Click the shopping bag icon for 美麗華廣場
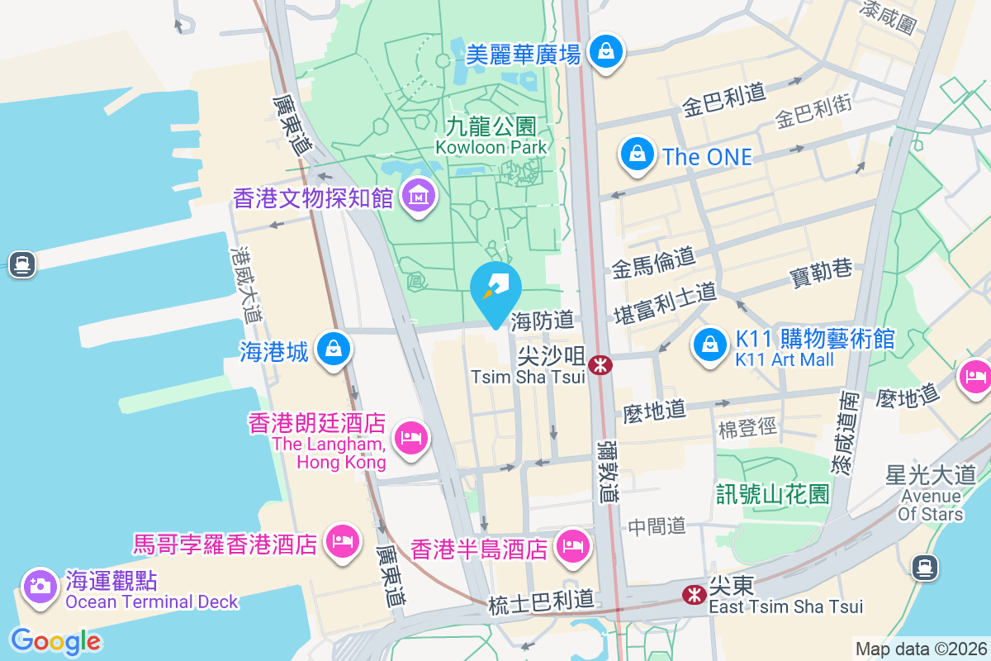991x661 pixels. coord(607,52)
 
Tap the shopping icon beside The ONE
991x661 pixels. coord(638,154)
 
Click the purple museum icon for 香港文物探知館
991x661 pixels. coord(420,197)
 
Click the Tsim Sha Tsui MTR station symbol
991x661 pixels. coord(600,364)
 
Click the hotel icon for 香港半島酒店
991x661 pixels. coord(571,545)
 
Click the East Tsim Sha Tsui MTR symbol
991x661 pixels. coord(693,593)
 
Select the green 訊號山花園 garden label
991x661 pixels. coord(773,494)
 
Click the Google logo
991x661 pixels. coord(55,641)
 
